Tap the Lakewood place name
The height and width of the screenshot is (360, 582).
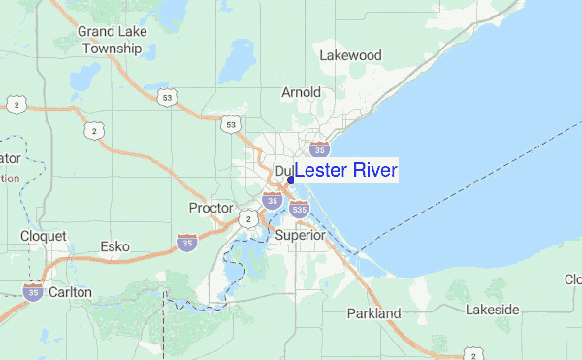(350, 55)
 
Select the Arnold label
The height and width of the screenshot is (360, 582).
(301, 92)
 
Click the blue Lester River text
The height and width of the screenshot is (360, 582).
(346, 171)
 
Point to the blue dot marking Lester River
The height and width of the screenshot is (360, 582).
(291, 180)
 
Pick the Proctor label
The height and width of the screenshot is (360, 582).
(210, 208)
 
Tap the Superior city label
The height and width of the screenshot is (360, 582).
(300, 235)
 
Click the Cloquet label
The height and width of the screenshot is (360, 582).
(44, 236)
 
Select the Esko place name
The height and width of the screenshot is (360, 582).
(115, 246)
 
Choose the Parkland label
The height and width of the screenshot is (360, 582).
(373, 313)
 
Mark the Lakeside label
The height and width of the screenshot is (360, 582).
(492, 310)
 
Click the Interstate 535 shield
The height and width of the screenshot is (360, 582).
(299, 208)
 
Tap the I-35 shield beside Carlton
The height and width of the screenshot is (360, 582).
(33, 291)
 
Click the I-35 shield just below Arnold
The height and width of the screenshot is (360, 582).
(319, 149)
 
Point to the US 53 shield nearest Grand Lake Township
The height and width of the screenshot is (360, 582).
(170, 98)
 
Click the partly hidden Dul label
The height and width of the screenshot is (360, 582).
(283, 171)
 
